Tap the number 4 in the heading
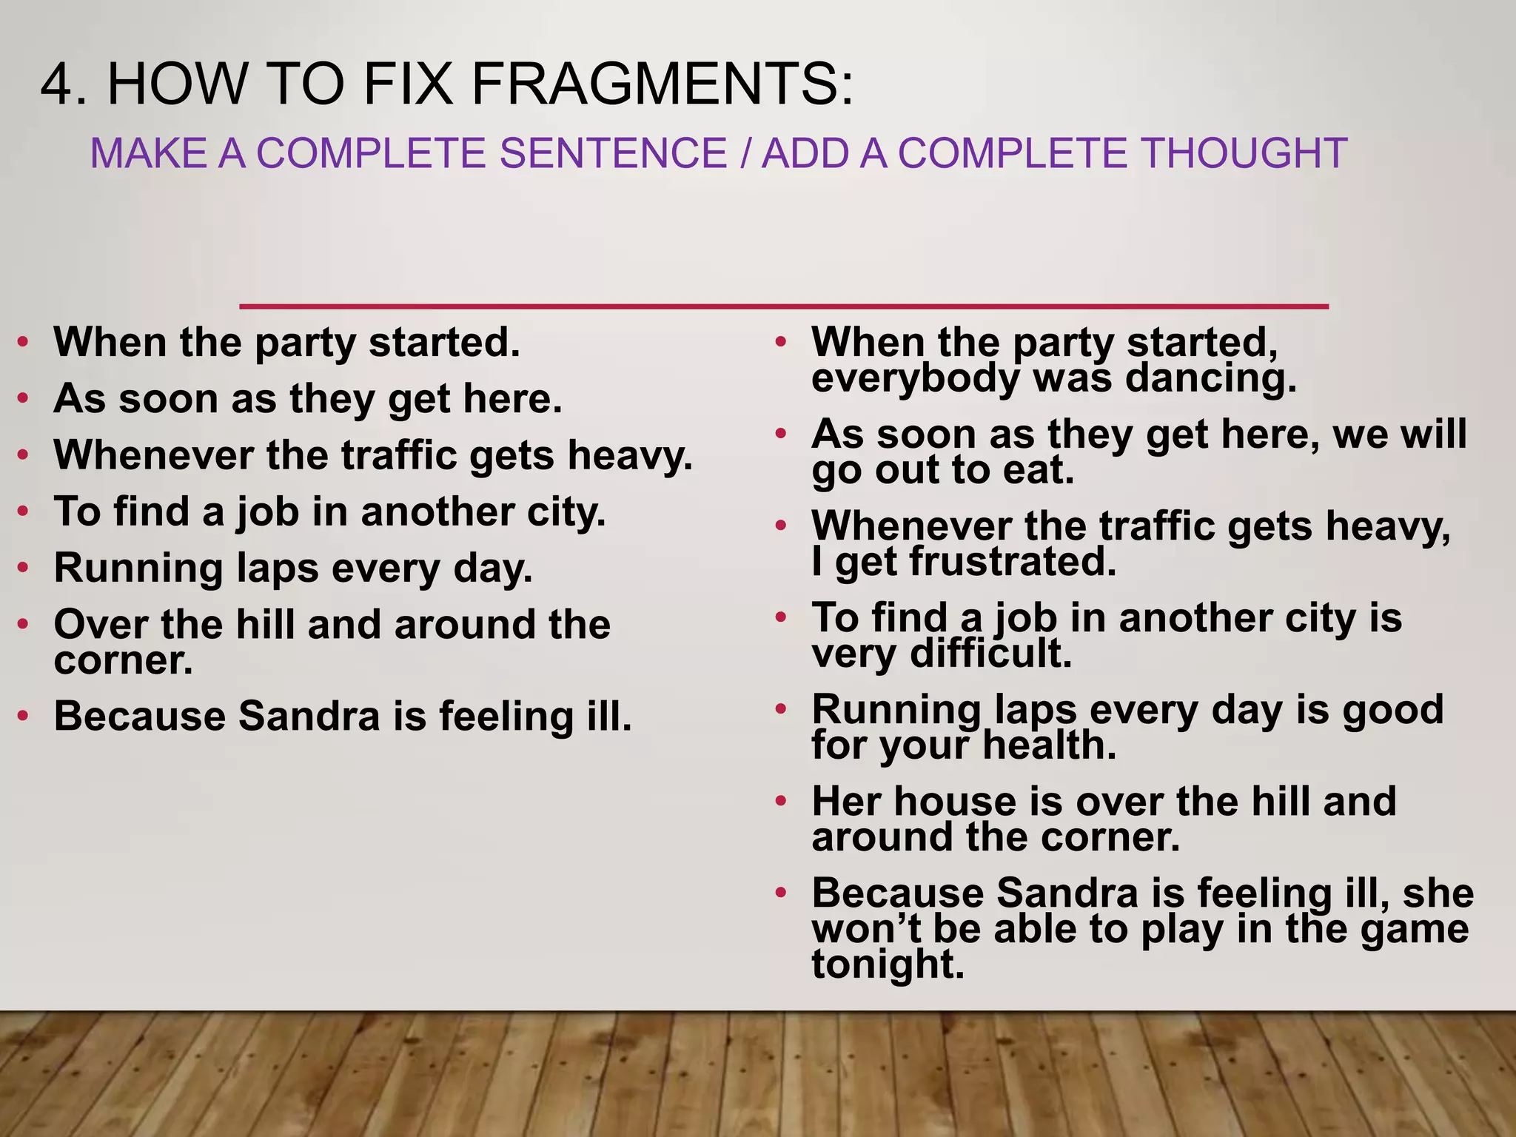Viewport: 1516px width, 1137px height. [x=61, y=85]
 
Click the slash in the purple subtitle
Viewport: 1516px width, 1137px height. [x=744, y=153]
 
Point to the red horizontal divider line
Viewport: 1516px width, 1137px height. [x=783, y=306]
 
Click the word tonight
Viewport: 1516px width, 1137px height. [x=888, y=965]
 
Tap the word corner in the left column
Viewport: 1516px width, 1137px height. [x=123, y=661]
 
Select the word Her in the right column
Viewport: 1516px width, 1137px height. [x=845, y=801]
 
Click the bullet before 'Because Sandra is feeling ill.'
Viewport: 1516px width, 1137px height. [x=24, y=717]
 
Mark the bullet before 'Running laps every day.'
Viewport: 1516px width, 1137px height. [x=24, y=568]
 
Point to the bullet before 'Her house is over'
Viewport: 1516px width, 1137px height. [x=781, y=802]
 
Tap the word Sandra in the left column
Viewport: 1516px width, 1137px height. [x=309, y=716]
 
